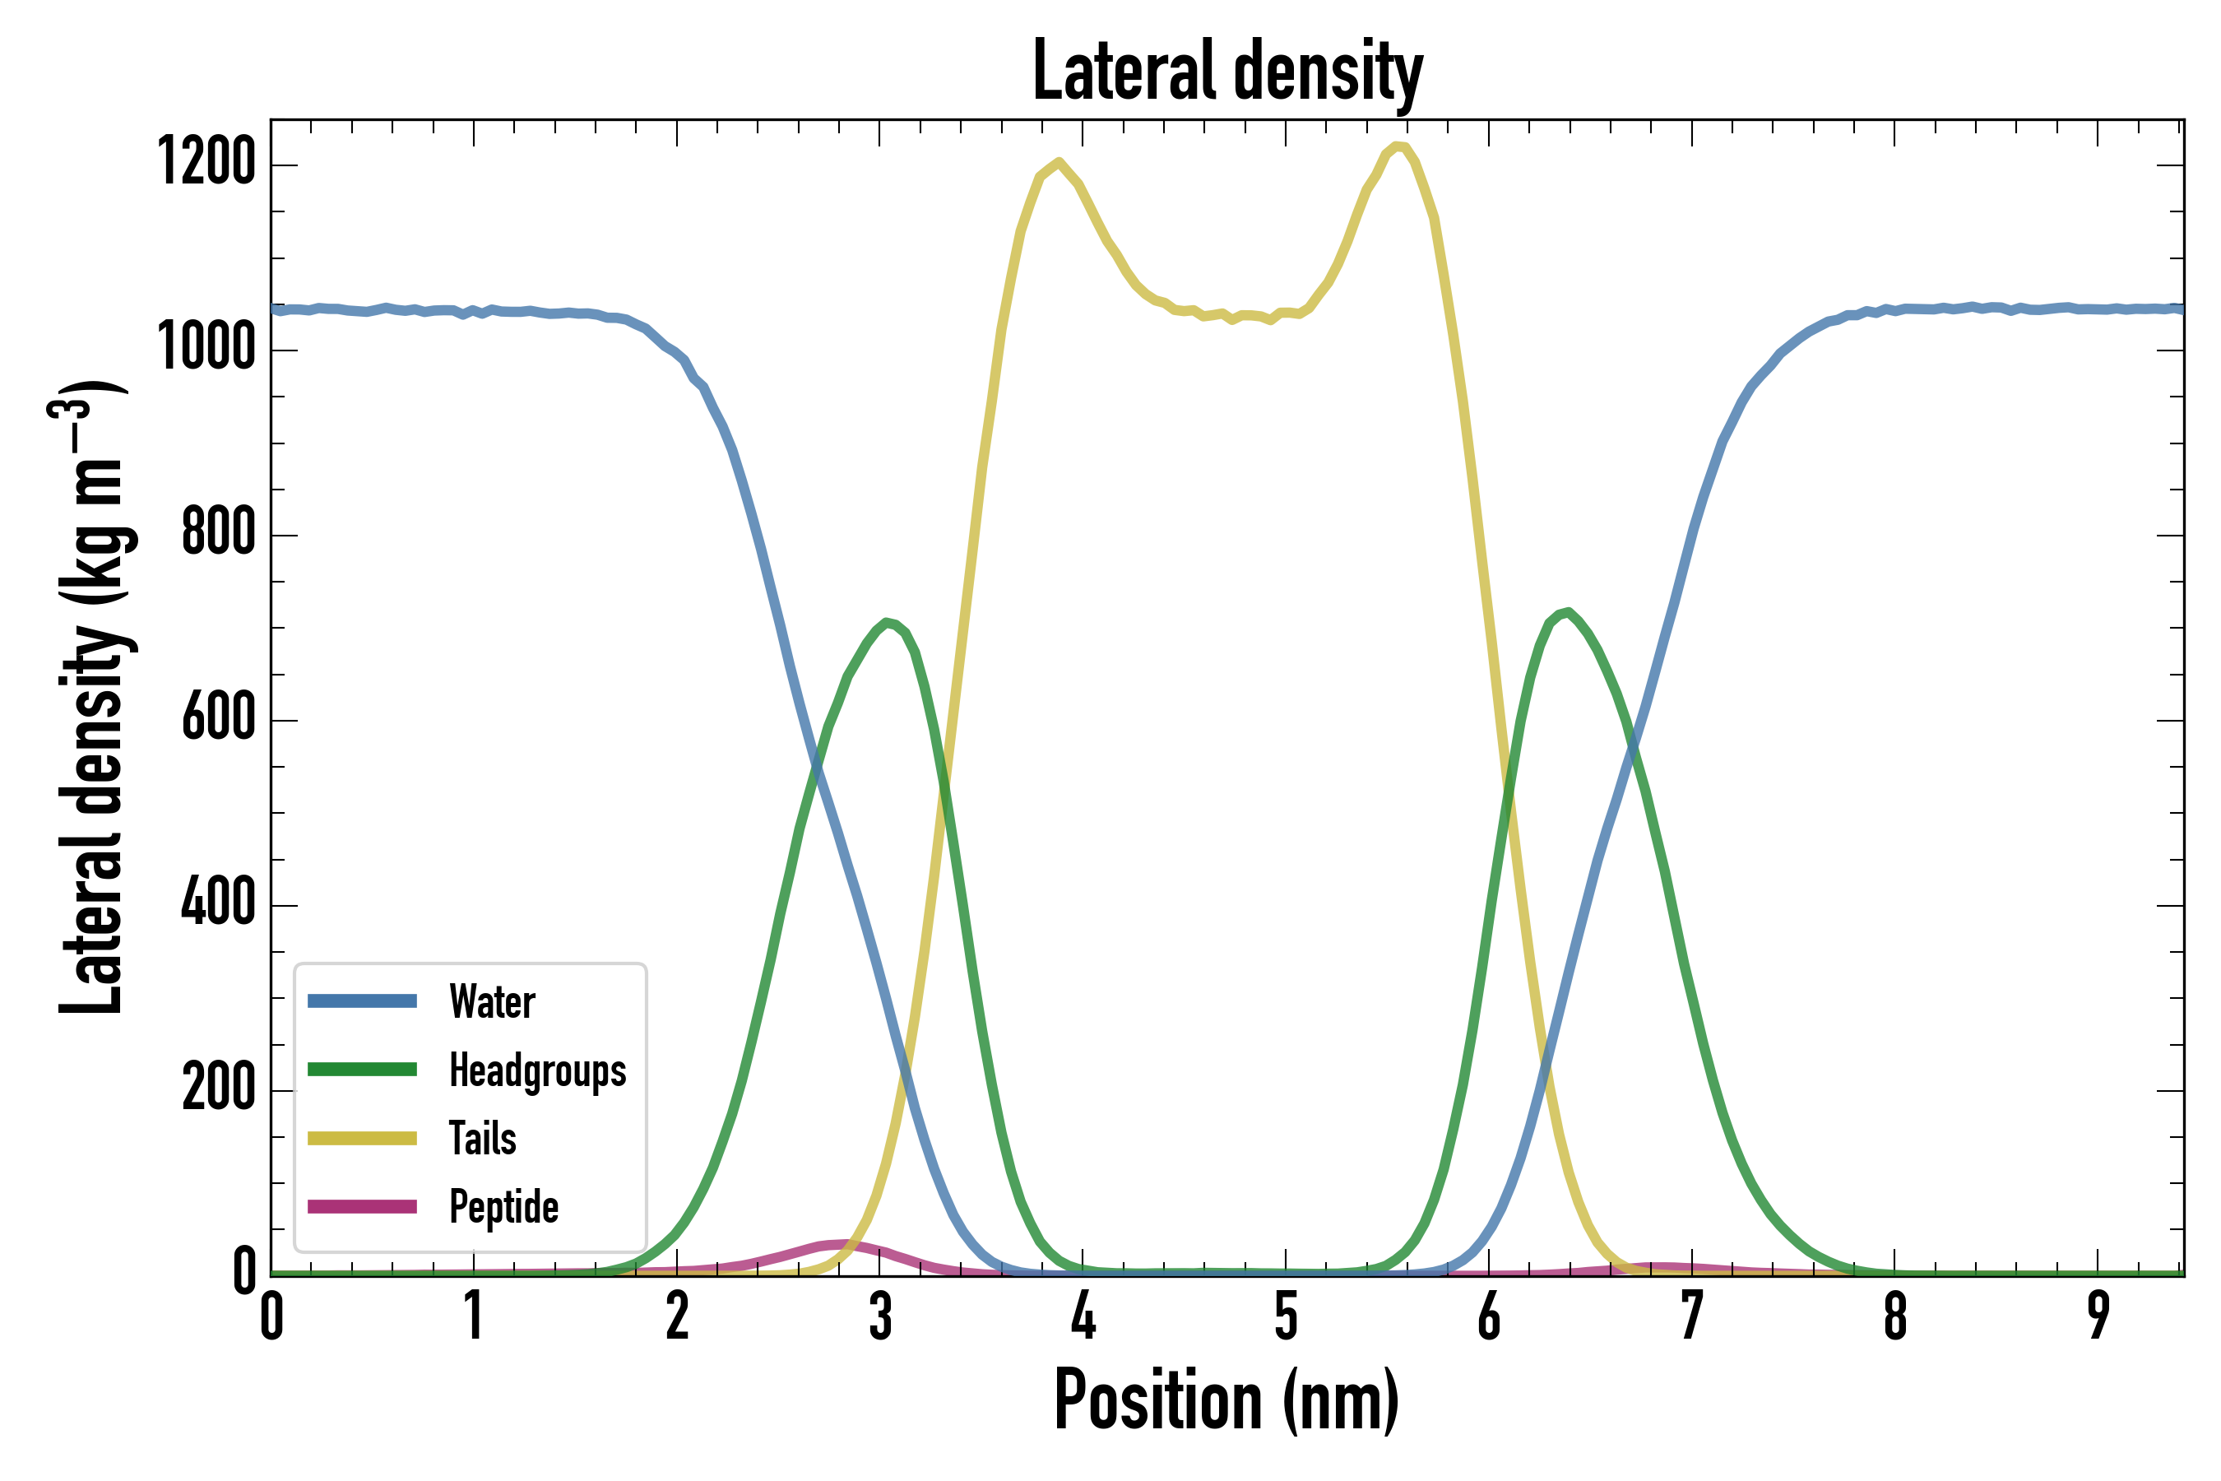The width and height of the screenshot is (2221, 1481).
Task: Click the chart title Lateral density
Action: click(1226, 72)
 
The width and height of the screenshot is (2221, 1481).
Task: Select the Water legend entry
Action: click(491, 1001)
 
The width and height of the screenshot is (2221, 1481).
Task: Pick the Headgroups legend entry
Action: click(536, 1070)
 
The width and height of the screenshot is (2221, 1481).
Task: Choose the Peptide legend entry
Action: click(503, 1207)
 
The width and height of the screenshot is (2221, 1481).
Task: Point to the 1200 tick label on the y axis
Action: click(206, 161)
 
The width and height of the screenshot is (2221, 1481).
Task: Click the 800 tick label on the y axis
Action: click(218, 532)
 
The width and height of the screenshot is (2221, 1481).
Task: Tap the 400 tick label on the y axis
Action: click(218, 902)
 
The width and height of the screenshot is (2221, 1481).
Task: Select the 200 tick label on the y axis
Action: click(218, 1087)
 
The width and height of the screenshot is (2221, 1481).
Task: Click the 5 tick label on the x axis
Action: click(1285, 1316)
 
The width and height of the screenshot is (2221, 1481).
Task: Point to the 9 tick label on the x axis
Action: click(2098, 1316)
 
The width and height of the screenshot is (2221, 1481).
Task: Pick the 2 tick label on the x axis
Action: click(677, 1316)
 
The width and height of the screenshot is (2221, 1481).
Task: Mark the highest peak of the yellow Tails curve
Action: click(1398, 146)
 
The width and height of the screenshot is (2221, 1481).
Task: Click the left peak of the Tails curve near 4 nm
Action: click(1059, 162)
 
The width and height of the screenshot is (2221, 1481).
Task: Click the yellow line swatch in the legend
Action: click(362, 1138)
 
